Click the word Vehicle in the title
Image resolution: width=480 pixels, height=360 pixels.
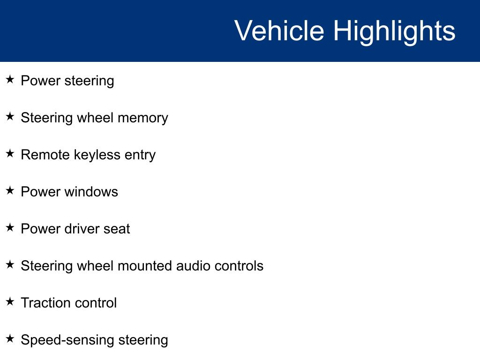tap(279, 30)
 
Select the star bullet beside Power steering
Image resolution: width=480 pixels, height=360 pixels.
tap(10, 79)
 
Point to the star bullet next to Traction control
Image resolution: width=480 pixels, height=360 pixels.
tap(10, 301)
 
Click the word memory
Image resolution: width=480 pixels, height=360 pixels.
tap(143, 119)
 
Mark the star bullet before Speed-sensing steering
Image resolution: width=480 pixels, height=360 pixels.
tap(10, 338)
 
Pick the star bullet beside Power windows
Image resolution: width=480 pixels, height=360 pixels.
tap(10, 190)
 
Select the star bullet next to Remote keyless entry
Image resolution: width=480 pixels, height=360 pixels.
tap(10, 153)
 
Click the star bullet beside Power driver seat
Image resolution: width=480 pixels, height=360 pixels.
tap(10, 227)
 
